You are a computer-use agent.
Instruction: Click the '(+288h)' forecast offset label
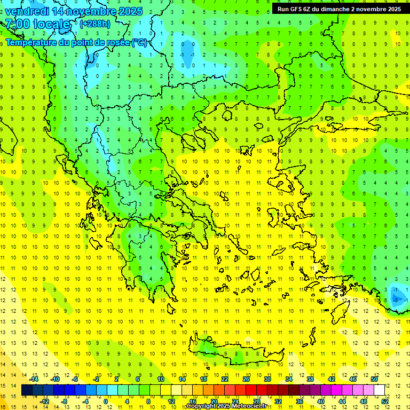96,24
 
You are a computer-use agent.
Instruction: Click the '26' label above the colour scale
246,379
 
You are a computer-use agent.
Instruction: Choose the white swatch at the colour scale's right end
380,390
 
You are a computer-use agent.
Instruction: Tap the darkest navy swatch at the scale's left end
27,390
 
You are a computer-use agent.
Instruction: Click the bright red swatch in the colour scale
251,390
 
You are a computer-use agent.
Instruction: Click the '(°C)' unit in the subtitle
139,42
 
